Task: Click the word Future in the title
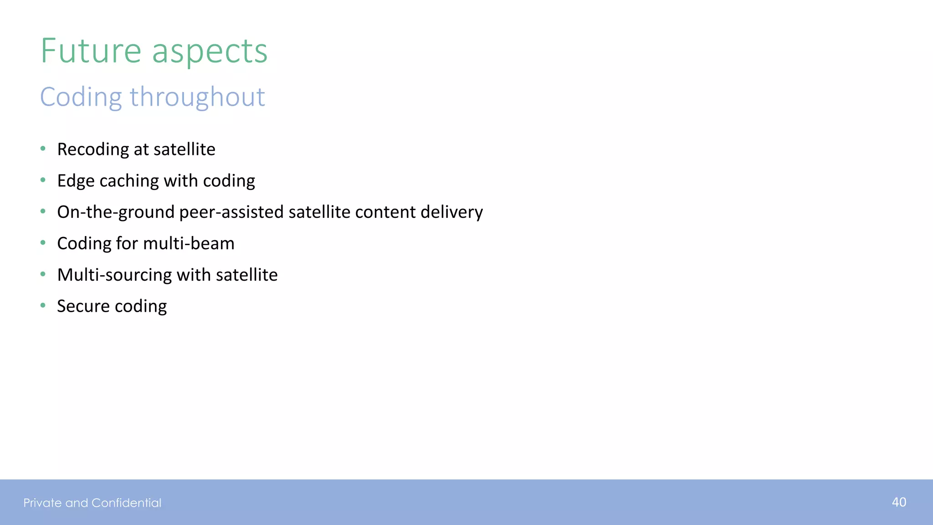pos(91,51)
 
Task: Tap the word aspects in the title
pos(210,51)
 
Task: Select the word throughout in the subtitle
pos(197,97)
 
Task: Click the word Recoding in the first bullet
pos(93,149)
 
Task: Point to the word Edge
pos(76,181)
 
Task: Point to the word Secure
pos(83,306)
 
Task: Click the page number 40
pos(899,502)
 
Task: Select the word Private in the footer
pos(42,503)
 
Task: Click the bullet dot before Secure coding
pos(43,305)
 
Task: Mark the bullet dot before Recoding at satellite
pos(43,149)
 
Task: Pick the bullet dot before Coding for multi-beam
pos(43,243)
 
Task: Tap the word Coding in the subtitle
pos(81,97)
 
